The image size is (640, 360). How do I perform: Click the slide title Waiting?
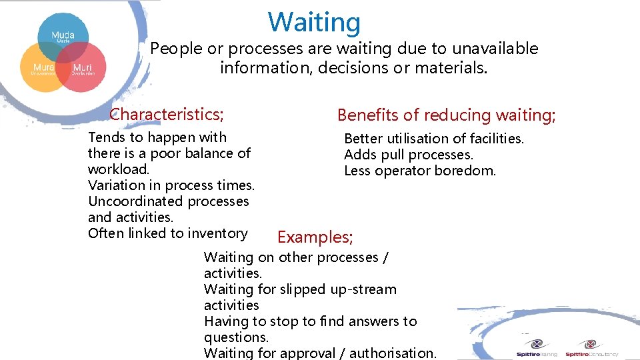pos(314,22)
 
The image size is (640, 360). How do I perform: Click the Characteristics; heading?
pos(167,115)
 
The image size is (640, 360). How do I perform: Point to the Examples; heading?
pos(315,237)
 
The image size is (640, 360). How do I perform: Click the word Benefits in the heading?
pos(367,115)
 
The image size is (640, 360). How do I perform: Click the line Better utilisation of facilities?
pos(434,139)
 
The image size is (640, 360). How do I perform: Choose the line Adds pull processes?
pos(409,155)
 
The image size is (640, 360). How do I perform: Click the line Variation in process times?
pos(171,185)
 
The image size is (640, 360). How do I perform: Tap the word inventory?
pos(219,233)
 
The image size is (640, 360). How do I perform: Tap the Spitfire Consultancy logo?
pos(591,348)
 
